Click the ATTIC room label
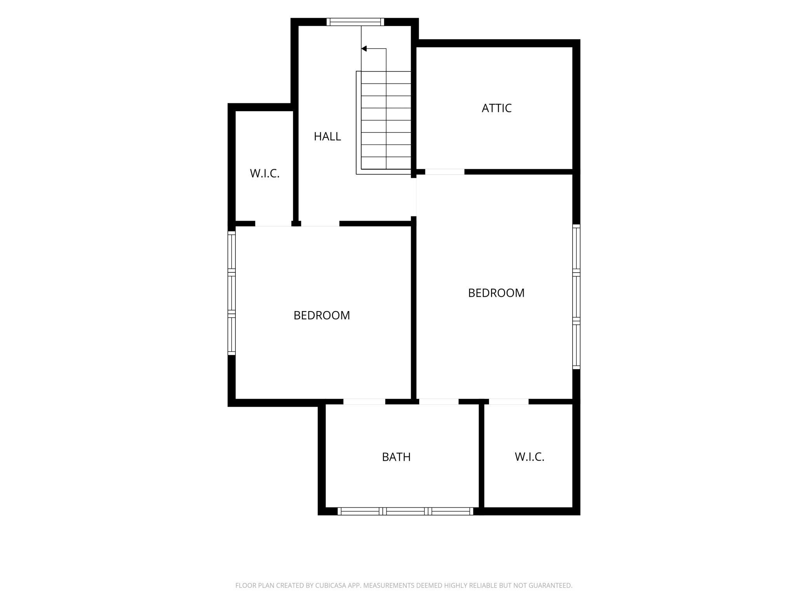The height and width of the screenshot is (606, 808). pos(496,108)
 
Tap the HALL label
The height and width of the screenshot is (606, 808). pos(327,136)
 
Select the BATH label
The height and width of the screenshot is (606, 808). pos(396,457)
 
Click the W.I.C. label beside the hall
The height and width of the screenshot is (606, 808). pos(265,174)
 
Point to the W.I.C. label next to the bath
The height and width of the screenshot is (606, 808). pos(529,457)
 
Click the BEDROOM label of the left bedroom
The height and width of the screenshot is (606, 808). pos(322,315)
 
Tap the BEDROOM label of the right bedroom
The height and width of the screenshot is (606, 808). pos(496,293)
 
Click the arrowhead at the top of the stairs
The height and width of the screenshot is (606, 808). pos(364,49)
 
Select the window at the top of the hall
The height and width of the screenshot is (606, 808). pos(355,22)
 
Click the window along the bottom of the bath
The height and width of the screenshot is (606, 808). pos(405,511)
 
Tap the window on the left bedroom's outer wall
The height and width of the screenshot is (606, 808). pos(232,293)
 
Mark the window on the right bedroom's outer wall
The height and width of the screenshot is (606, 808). pos(576,296)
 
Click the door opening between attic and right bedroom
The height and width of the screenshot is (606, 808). pos(445,172)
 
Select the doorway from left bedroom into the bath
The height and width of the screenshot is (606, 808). pos(364,402)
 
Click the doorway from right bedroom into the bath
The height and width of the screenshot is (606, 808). pos(439,402)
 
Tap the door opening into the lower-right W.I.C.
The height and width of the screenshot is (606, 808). pos(509,402)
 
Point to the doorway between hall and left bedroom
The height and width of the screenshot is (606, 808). pos(320,224)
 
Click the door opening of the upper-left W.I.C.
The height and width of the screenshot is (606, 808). pos(273,224)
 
